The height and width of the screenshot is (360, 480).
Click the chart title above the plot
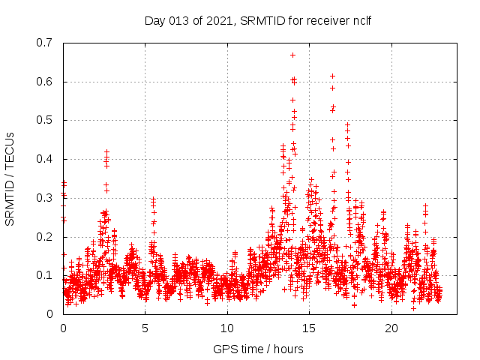[x=258, y=20]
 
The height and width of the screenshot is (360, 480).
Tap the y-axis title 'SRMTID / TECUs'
[x=10, y=178]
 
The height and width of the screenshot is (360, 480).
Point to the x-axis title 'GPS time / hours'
[x=258, y=349]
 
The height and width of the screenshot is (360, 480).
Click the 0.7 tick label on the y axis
[x=46, y=43]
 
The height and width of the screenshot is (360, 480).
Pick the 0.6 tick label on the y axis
[x=46, y=82]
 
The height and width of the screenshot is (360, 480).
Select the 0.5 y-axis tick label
[x=46, y=120]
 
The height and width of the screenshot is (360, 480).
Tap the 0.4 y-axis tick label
[x=46, y=159]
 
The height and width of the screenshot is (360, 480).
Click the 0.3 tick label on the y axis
[x=46, y=198]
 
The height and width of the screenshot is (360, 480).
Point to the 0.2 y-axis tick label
[x=46, y=236]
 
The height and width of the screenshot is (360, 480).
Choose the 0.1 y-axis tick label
[x=46, y=275]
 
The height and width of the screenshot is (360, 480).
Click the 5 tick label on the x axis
[x=145, y=328]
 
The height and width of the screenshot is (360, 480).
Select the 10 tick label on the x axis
[x=227, y=328]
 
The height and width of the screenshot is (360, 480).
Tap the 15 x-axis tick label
[x=309, y=328]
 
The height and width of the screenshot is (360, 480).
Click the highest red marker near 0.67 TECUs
[x=292, y=55]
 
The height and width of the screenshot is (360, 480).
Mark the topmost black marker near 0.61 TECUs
[x=332, y=76]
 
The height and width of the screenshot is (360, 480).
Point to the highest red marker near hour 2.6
[x=106, y=151]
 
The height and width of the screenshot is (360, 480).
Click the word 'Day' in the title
[x=154, y=20]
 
